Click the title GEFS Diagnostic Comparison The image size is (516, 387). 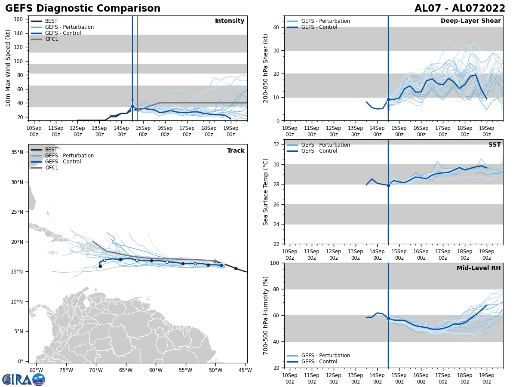pyautogui.click(x=83, y=9)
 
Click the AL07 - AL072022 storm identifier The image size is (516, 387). pyautogui.click(x=460, y=9)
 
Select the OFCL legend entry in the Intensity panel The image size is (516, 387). pyautogui.click(x=51, y=39)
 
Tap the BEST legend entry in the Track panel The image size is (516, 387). pyautogui.click(x=51, y=150)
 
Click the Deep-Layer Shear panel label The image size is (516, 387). pyautogui.click(x=470, y=21)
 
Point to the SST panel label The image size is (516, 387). pyautogui.click(x=494, y=145)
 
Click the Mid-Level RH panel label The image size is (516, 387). pyautogui.click(x=479, y=268)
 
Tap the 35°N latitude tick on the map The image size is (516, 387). pyautogui.click(x=17, y=152)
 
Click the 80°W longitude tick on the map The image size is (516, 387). pyautogui.click(x=36, y=370)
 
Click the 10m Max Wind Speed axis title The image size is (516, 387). pyautogui.click(x=8, y=68)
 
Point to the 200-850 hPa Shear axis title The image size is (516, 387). pyautogui.click(x=266, y=68)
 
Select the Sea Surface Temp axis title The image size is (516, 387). pyautogui.click(x=266, y=192)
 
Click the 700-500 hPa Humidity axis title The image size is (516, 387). pyautogui.click(x=266, y=315)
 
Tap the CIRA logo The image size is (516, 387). pyautogui.click(x=23, y=379)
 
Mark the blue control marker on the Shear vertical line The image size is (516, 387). pyautogui.click(x=388, y=99)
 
